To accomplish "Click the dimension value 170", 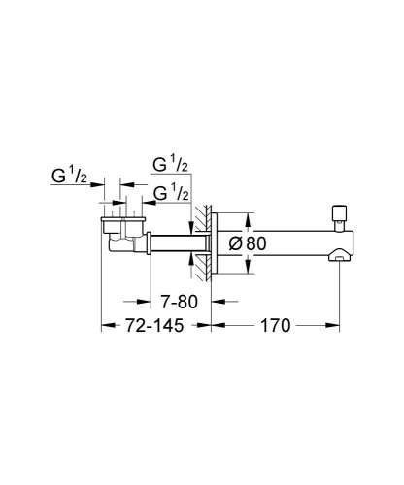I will tap(277, 328).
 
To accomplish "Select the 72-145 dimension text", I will tap(156, 328).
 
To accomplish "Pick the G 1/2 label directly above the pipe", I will tap(170, 194).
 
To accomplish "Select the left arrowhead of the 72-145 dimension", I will tap(106, 328).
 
